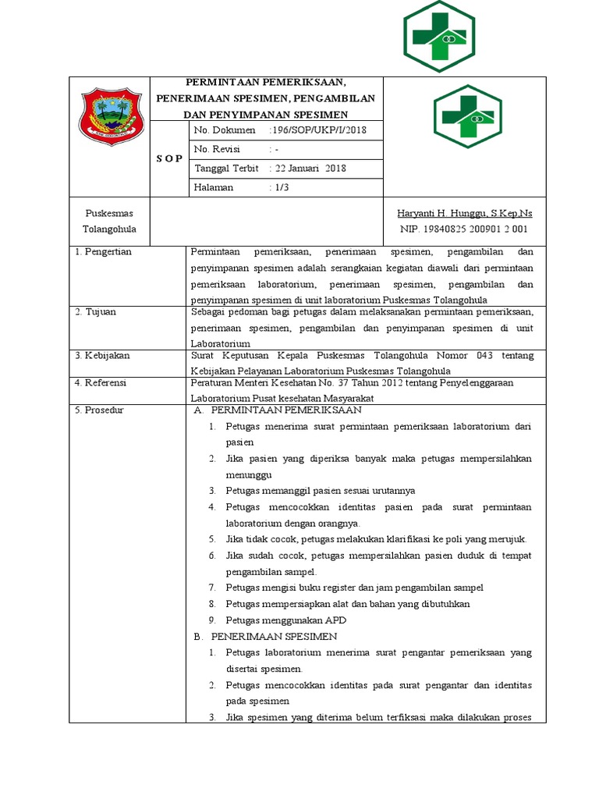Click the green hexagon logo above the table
coord(439,36)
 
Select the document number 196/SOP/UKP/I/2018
coord(317,130)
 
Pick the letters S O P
coord(168,158)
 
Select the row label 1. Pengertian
coord(103,252)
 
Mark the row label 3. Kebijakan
coord(102,356)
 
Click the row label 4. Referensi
coord(101,383)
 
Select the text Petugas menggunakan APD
coord(285,620)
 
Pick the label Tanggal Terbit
coord(225,168)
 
